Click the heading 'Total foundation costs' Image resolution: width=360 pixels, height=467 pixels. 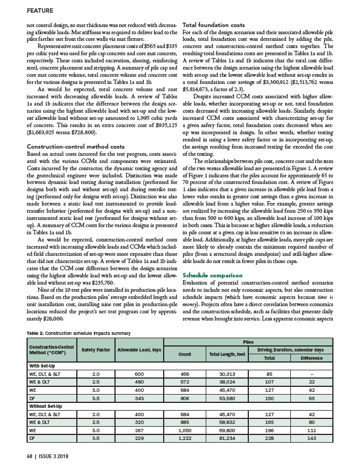click(213, 25)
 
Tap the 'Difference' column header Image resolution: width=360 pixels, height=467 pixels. click(311, 357)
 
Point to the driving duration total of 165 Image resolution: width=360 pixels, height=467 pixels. click(269, 422)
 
